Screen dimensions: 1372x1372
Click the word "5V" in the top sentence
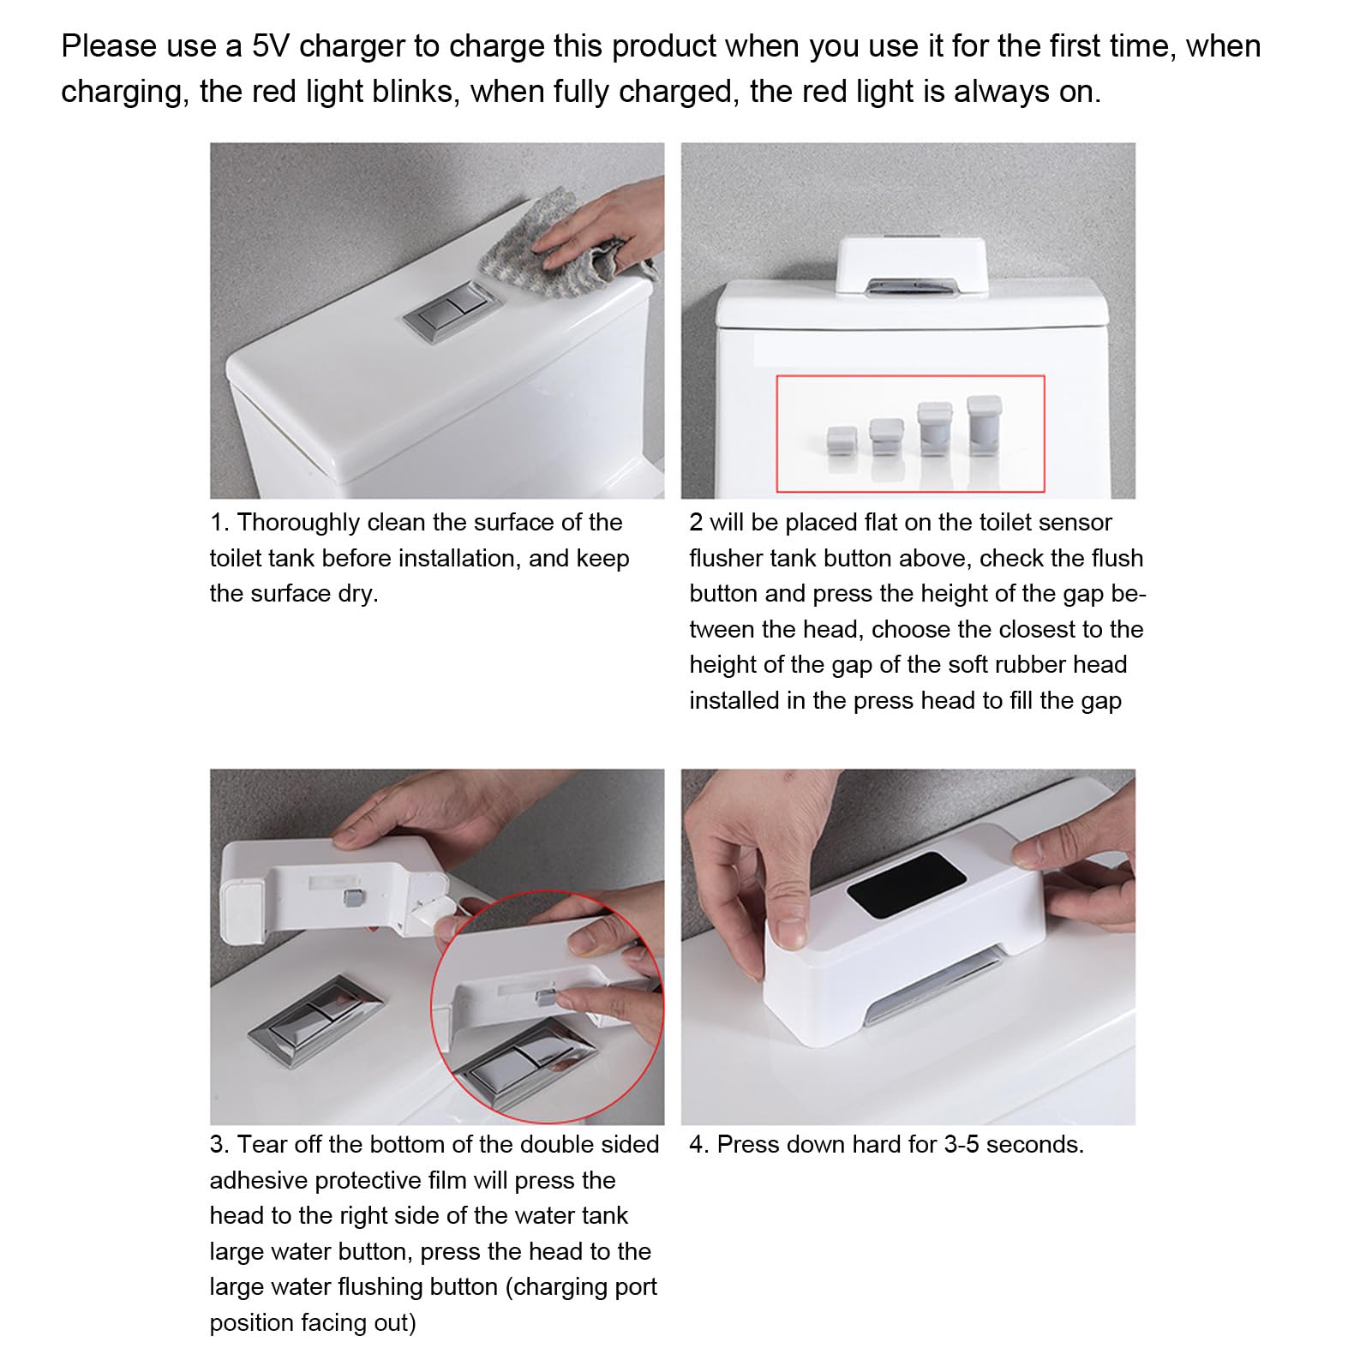(271, 46)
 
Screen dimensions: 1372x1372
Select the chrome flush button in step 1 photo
(451, 312)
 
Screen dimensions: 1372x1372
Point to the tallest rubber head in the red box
(983, 425)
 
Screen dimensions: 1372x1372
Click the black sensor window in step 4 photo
(906, 884)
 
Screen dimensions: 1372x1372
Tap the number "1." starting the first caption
(219, 523)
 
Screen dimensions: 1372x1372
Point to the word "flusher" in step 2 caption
(725, 559)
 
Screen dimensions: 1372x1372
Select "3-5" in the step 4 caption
(961, 1145)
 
